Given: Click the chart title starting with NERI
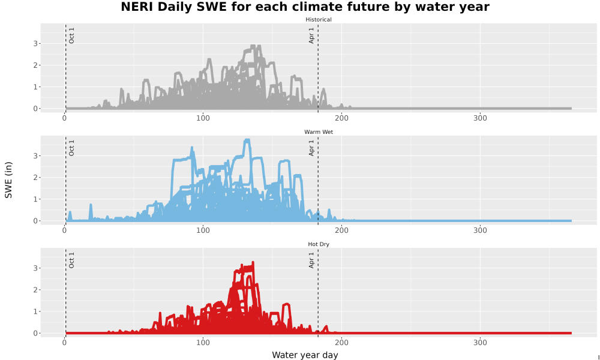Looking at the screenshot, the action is click(305, 7).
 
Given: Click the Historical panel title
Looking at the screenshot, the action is click(319, 20).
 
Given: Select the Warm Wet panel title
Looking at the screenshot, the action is click(319, 132).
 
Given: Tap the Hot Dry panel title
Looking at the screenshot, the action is click(319, 244).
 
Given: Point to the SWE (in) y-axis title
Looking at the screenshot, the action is click(8, 180).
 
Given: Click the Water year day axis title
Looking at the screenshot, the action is click(305, 355).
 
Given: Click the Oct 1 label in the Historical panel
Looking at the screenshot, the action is click(71, 35).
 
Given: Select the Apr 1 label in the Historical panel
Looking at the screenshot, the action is click(311, 35).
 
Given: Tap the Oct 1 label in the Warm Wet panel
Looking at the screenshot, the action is click(71, 148).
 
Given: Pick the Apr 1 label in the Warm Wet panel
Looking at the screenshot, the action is click(311, 148).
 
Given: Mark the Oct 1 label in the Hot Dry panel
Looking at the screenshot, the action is click(71, 260).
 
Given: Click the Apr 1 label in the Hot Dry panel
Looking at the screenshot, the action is click(311, 260).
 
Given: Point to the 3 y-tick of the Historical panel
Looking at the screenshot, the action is click(35, 44).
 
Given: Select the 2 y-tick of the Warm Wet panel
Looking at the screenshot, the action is click(35, 178).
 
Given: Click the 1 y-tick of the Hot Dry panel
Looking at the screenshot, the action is click(35, 311).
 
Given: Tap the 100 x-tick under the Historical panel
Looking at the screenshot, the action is click(203, 118).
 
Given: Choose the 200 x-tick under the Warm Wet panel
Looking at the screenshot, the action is click(341, 230).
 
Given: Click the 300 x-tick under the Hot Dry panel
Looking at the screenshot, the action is click(480, 343).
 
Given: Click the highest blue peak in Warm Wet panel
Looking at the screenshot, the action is click(247, 140).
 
